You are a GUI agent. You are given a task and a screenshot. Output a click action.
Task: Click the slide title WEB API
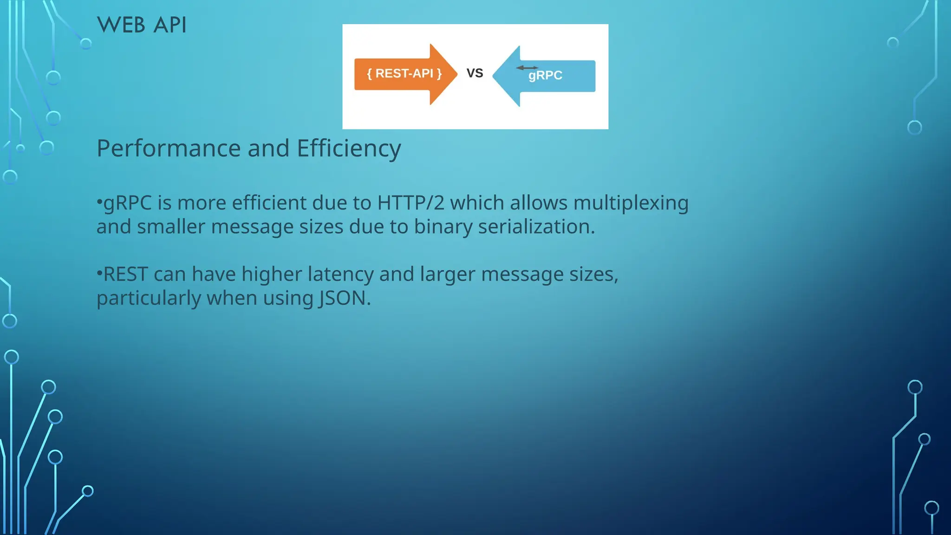click(142, 25)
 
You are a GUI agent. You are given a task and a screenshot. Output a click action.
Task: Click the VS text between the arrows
click(475, 73)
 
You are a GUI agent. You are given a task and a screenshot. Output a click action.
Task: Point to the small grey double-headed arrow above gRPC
click(527, 68)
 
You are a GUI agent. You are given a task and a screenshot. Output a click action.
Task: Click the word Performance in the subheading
click(169, 149)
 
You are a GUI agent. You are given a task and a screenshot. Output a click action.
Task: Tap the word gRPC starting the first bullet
click(127, 203)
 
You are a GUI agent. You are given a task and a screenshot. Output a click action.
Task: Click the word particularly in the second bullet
click(149, 298)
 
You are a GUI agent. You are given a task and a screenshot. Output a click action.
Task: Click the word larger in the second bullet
click(448, 274)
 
